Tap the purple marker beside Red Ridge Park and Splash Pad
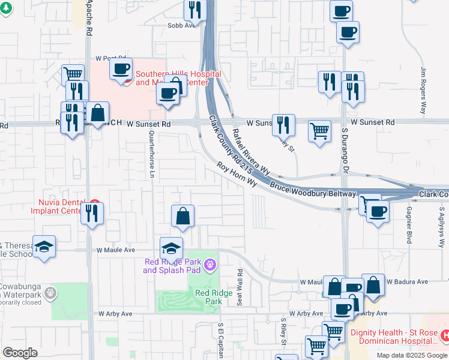[209, 263]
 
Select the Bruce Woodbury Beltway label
[313, 189]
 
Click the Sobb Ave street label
[182, 25]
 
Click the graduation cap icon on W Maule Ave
[171, 248]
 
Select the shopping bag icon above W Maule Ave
[183, 216]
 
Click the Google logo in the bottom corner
[20, 353]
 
